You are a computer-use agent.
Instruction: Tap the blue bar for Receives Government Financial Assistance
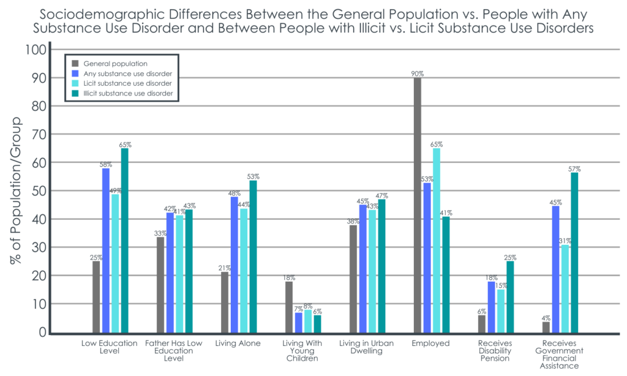click(x=555, y=269)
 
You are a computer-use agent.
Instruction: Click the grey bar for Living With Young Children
click(x=289, y=307)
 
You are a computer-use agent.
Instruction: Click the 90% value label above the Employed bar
click(x=418, y=73)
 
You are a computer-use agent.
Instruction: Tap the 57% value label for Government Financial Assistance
click(x=574, y=168)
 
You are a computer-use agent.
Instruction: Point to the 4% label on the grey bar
click(x=546, y=317)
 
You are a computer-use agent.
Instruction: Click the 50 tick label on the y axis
click(x=38, y=191)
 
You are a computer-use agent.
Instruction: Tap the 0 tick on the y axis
click(x=42, y=333)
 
